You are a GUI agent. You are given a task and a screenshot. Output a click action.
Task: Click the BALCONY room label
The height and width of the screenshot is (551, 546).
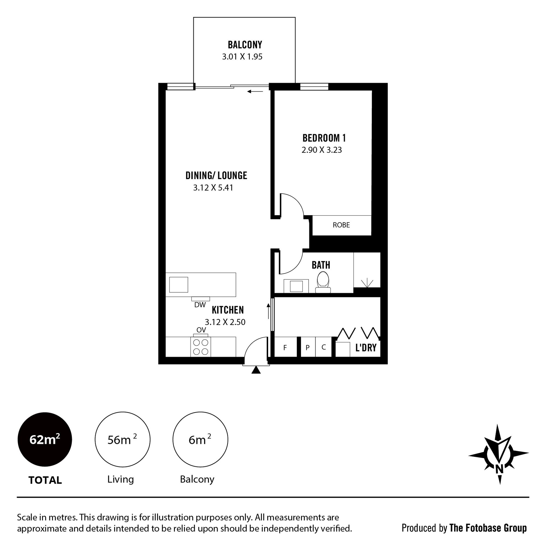245,45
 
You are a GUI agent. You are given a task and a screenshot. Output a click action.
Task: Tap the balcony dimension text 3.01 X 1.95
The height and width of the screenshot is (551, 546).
242,56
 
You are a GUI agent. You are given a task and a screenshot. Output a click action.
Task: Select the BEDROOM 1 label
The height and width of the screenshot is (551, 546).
324,138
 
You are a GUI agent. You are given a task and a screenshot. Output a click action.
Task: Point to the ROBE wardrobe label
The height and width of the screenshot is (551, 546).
341,225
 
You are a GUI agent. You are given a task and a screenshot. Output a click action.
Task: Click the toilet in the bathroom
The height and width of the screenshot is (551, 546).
323,282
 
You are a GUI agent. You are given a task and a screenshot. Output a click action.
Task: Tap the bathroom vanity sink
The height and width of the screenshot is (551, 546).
296,286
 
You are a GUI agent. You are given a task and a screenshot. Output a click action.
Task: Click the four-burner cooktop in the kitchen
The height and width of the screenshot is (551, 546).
200,347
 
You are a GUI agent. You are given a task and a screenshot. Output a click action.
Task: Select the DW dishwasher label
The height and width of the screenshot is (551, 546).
200,305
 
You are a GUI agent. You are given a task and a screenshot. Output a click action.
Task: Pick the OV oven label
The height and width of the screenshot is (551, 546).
201,330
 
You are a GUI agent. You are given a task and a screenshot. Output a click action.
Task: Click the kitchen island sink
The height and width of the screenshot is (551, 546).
179,285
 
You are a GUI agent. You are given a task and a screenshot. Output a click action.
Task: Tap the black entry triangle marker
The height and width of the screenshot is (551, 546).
256,370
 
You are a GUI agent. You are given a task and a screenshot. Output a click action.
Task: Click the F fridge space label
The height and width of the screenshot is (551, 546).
285,347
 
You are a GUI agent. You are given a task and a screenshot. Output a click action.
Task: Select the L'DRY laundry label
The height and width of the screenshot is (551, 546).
366,347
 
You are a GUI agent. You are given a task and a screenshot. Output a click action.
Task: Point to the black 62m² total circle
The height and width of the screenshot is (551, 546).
45,439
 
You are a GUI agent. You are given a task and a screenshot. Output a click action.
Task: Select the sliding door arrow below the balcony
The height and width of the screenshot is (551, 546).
255,92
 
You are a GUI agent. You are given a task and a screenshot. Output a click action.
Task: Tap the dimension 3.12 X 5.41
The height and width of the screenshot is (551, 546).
213,188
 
